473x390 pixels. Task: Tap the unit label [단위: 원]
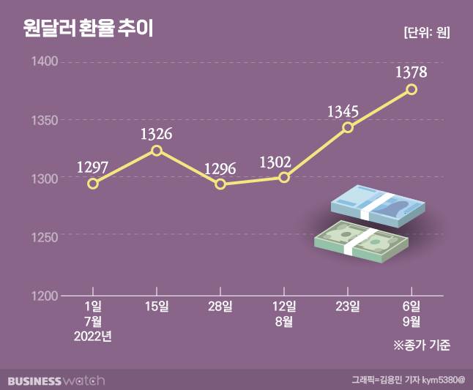coord(426,32)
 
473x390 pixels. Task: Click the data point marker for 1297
coord(92,184)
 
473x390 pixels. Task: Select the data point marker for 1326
coord(156,151)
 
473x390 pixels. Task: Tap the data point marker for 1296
coord(220,184)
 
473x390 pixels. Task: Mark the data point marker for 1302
coord(284,178)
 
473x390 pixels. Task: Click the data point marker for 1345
coord(348,127)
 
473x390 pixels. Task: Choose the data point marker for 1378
coord(411,89)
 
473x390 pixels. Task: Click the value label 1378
coord(411,72)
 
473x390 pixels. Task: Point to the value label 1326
coord(156,134)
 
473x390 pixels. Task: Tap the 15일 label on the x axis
coord(156,306)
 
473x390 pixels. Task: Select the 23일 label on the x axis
coord(348,306)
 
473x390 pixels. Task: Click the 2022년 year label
coord(92,335)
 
